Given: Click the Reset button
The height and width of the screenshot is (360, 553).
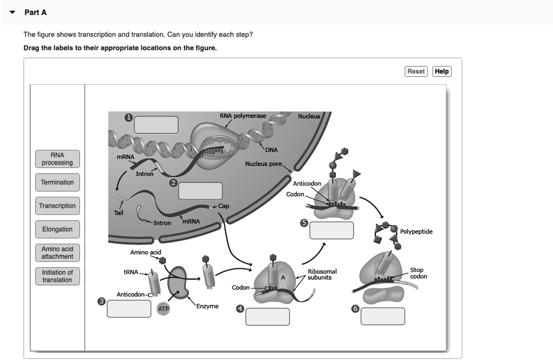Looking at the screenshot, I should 416,72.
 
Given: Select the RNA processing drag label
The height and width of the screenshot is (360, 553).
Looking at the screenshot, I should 58,159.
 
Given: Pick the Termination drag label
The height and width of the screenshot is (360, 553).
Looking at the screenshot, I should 58,182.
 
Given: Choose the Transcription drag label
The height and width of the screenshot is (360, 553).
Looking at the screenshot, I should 58,206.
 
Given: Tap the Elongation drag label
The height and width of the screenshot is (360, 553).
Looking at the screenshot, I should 58,229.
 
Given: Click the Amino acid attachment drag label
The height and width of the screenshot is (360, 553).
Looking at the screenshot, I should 58,253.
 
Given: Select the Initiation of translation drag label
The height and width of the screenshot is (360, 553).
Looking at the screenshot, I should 58,276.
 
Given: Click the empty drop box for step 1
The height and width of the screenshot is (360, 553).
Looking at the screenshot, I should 156,125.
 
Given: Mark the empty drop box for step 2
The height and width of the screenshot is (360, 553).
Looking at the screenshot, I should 200,191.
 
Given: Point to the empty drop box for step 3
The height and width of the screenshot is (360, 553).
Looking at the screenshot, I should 129,309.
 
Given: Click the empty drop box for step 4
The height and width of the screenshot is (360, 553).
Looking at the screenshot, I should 268,316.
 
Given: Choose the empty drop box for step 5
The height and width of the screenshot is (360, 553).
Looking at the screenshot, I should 332,230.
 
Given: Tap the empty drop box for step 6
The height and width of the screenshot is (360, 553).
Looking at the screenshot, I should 383,316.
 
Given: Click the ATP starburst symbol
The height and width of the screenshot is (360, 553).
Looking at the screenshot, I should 164,309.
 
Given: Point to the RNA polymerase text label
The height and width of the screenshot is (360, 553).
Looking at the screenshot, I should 242,116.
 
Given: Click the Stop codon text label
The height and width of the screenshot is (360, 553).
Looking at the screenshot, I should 418,273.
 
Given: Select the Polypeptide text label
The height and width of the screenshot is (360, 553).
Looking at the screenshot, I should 416,232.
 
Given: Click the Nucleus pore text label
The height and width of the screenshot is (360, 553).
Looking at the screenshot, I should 264,164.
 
